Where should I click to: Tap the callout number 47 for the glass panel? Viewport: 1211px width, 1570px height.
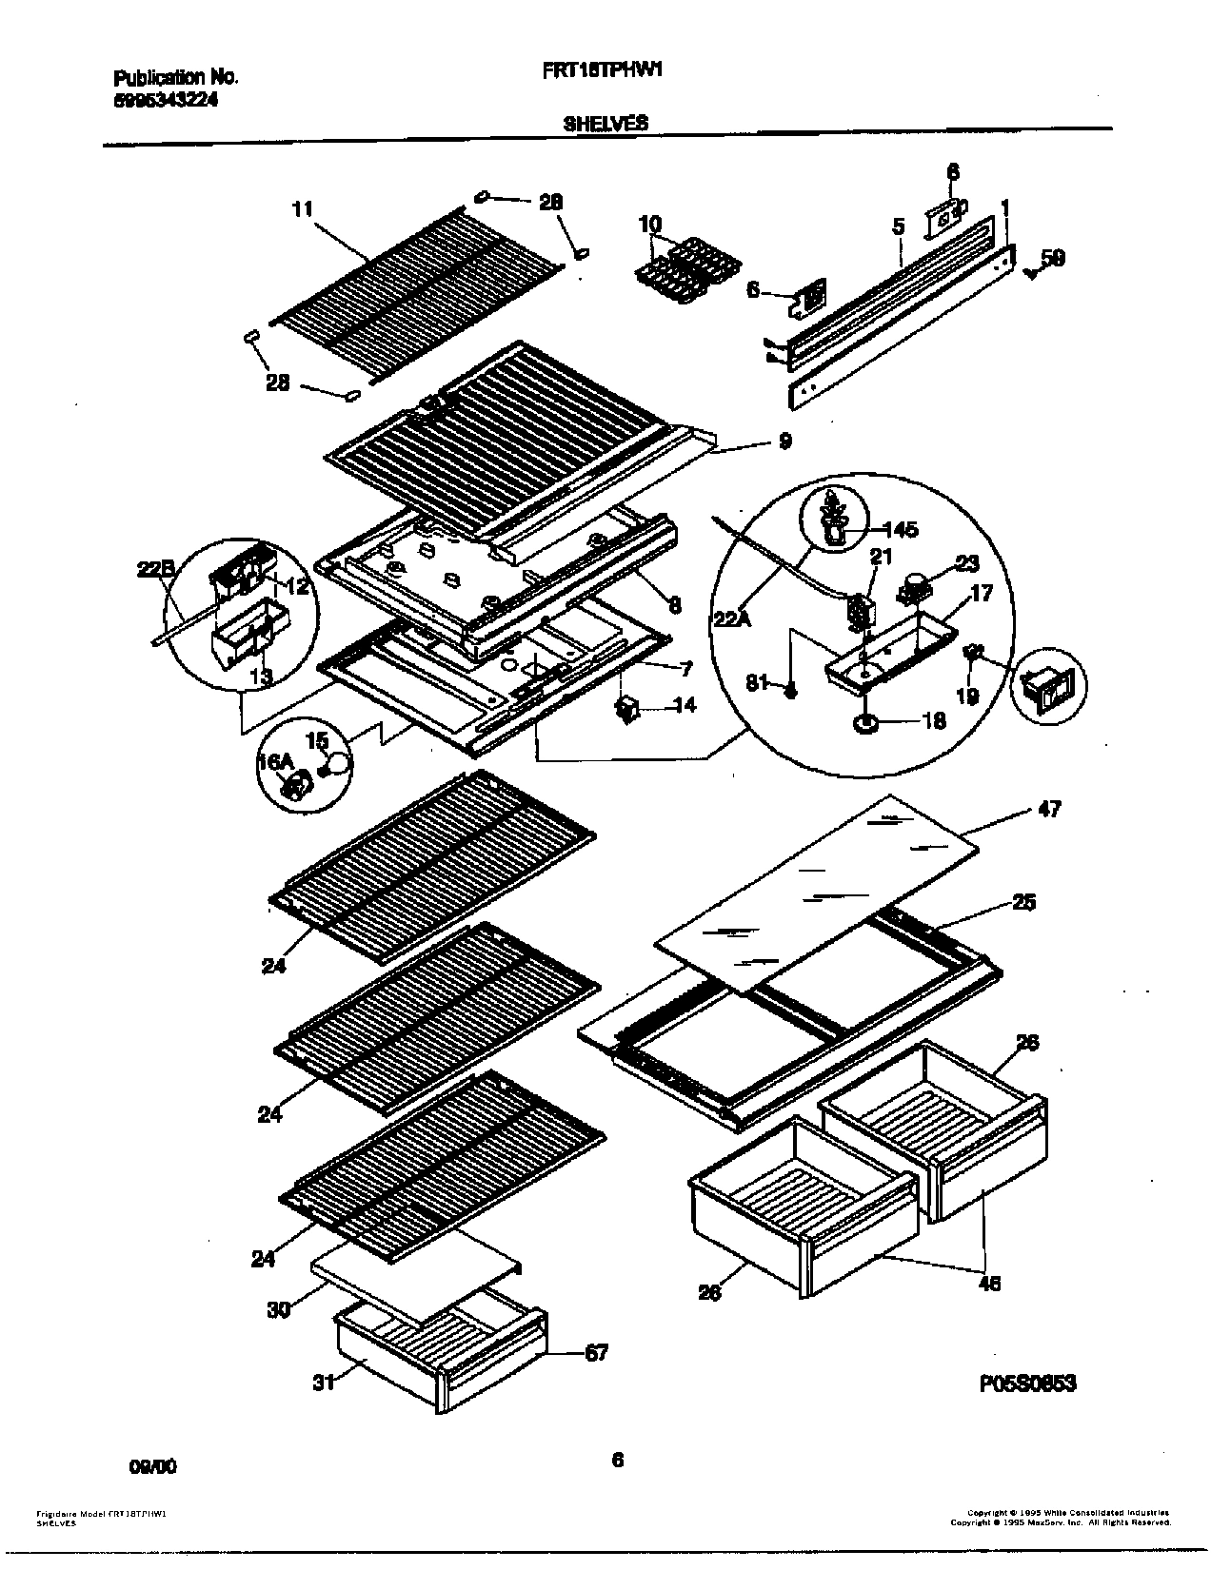[x=1049, y=809]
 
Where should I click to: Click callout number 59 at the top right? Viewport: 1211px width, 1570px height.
[x=1052, y=258]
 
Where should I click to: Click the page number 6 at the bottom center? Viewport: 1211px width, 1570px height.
[x=618, y=1461]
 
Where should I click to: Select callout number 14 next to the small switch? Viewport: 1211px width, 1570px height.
[x=684, y=705]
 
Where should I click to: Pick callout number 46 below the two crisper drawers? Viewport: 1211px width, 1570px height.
[x=990, y=1283]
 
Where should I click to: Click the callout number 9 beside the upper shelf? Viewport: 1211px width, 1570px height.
[x=784, y=441]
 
